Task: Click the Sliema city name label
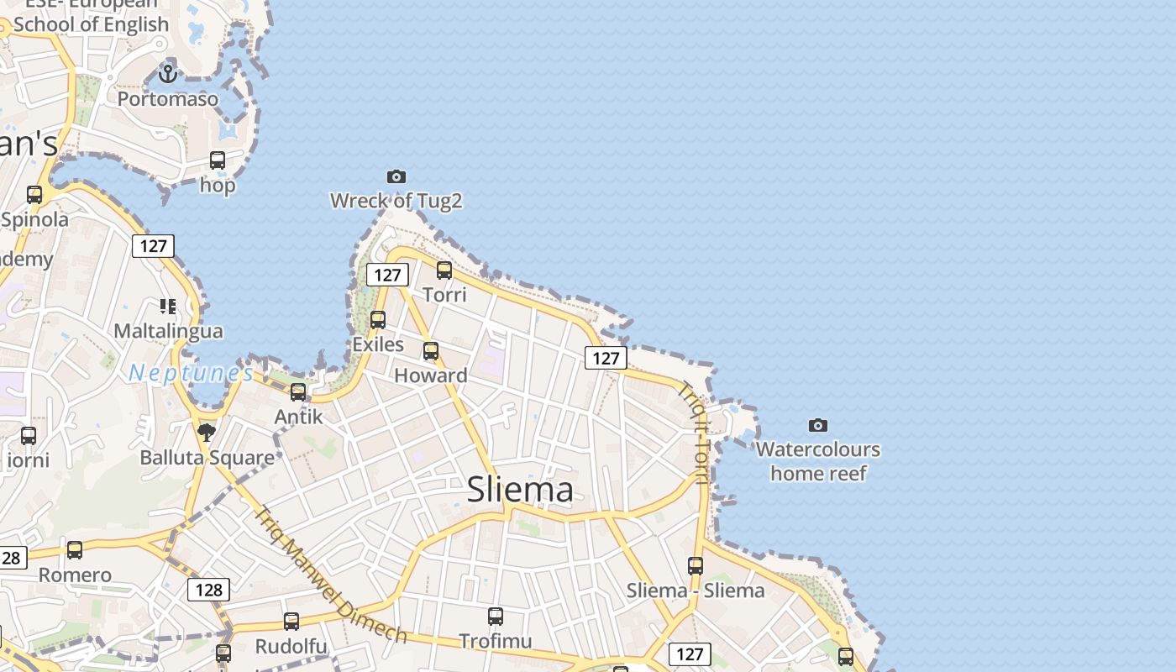point(520,489)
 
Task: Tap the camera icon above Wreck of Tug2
point(396,176)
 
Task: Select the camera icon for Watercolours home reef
point(817,425)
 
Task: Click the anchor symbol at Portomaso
point(168,74)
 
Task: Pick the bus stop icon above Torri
point(444,270)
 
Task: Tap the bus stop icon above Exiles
point(378,320)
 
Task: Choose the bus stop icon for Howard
point(431,351)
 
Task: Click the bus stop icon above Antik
point(298,391)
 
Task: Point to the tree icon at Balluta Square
point(206,433)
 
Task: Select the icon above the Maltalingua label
point(168,307)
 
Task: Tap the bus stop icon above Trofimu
point(496,617)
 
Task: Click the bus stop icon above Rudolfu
point(291,622)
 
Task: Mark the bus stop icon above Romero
point(75,550)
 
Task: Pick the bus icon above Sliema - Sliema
point(696,566)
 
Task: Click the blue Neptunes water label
point(191,373)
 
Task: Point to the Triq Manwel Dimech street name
point(331,575)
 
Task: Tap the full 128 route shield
point(208,590)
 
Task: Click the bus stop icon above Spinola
point(34,195)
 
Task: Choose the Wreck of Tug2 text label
point(396,201)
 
